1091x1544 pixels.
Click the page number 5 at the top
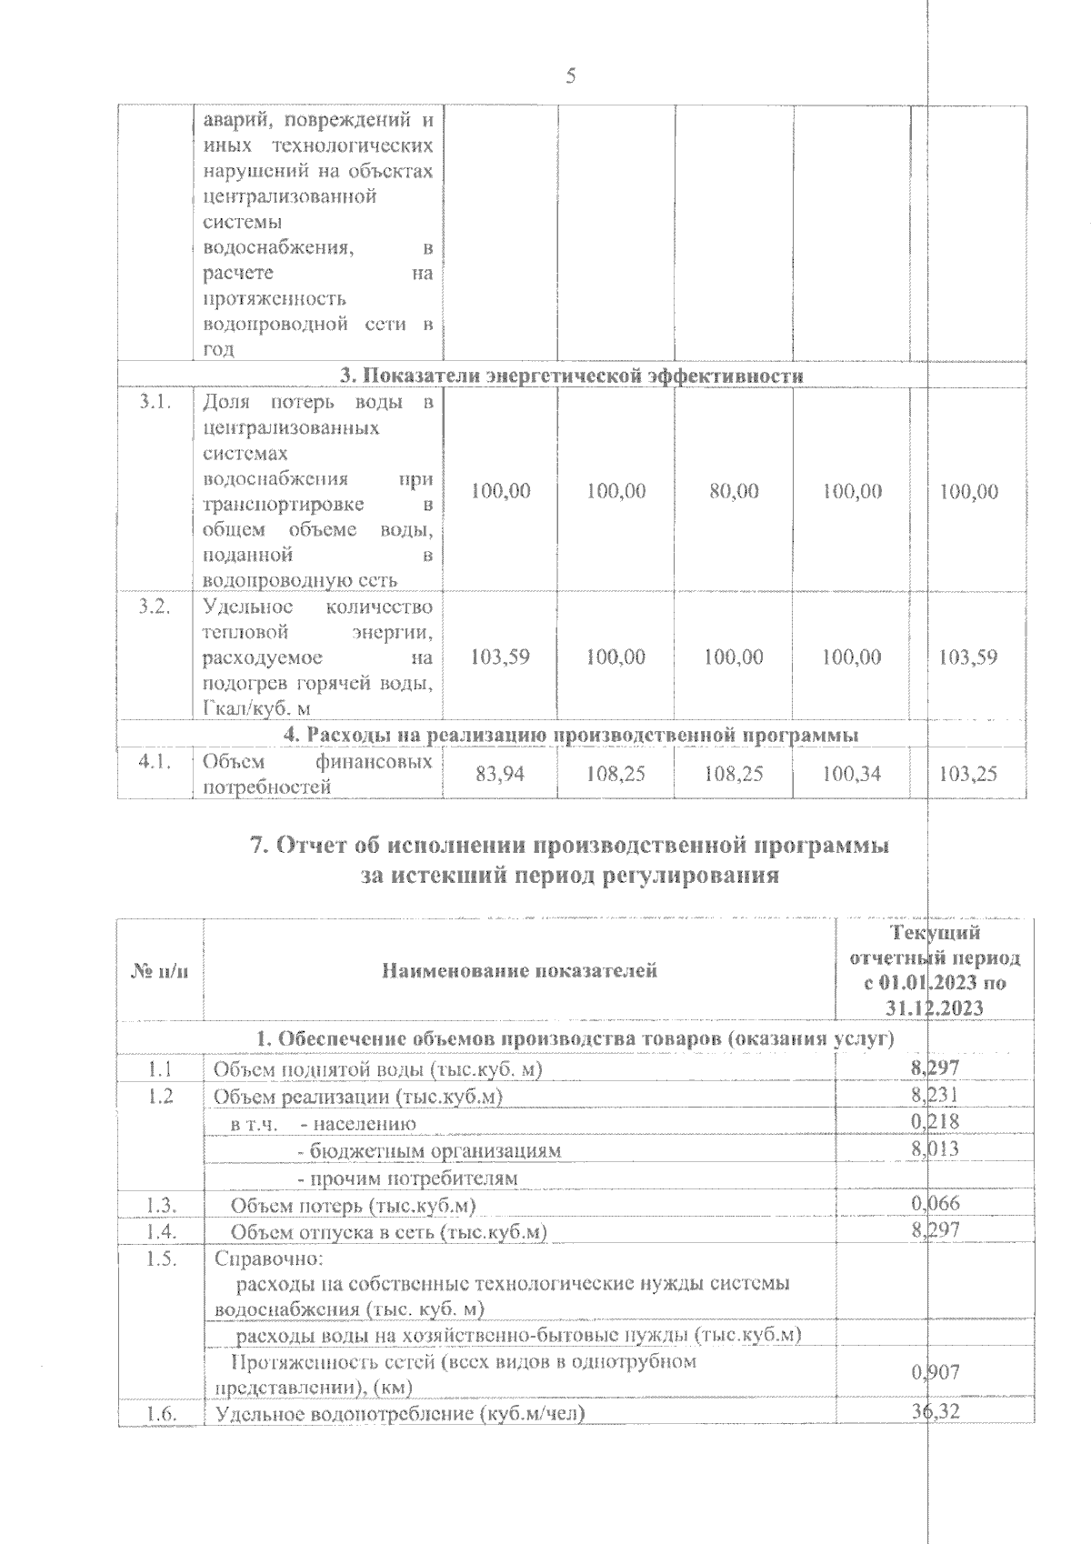pyautogui.click(x=571, y=76)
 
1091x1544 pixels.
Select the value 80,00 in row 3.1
pyautogui.click(x=734, y=492)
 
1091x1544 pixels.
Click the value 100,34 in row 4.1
pyautogui.click(x=851, y=774)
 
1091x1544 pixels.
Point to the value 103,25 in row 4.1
pyautogui.click(x=968, y=774)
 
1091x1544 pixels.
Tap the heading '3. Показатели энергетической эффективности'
pyautogui.click(x=571, y=376)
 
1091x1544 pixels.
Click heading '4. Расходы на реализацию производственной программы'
pyautogui.click(x=571, y=734)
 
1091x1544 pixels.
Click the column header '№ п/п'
pyautogui.click(x=160, y=971)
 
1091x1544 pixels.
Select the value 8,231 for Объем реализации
pyautogui.click(x=935, y=1096)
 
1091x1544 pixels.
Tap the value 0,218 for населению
pyautogui.click(x=935, y=1123)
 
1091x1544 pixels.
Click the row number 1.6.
pyautogui.click(x=160, y=1439)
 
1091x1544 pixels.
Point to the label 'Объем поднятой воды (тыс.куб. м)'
pyautogui.click(x=377, y=1069)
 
